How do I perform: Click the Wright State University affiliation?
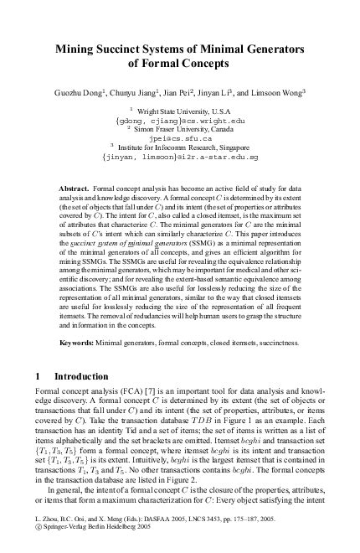pos(183,111)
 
